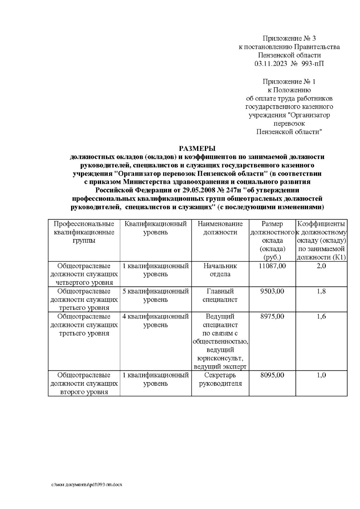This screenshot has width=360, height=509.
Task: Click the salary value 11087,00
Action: click(x=272, y=266)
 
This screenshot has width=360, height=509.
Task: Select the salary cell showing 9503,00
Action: click(x=272, y=291)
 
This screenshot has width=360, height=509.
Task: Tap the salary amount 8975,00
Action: click(x=272, y=316)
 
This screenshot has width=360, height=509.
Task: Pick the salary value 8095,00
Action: click(x=272, y=375)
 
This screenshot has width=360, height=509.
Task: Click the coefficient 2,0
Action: click(x=321, y=266)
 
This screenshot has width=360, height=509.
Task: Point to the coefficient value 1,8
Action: click(x=321, y=291)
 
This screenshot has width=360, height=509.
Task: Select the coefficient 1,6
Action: click(x=321, y=316)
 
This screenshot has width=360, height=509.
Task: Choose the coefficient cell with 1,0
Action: click(x=321, y=375)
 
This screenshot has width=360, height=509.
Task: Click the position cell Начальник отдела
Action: click(x=220, y=270)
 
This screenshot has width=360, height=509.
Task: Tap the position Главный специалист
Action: click(x=220, y=295)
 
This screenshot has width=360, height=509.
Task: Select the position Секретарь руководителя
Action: click(x=220, y=379)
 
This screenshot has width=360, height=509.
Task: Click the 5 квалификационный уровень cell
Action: click(x=156, y=295)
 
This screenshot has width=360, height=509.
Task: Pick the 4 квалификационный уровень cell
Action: click(x=156, y=320)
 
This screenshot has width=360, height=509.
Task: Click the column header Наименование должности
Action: click(x=220, y=228)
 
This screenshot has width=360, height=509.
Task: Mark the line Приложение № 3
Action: click(x=289, y=38)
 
